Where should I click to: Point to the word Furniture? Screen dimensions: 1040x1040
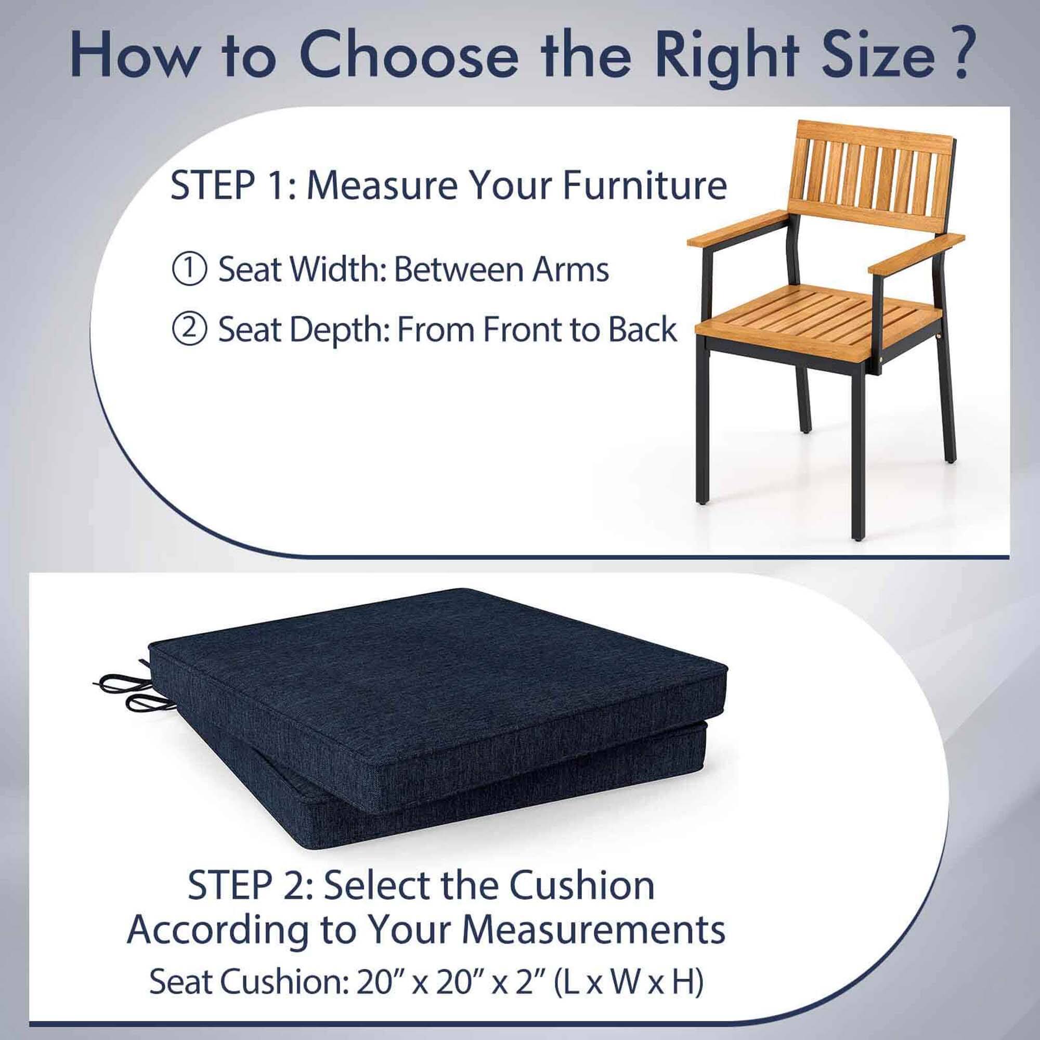click(644, 186)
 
